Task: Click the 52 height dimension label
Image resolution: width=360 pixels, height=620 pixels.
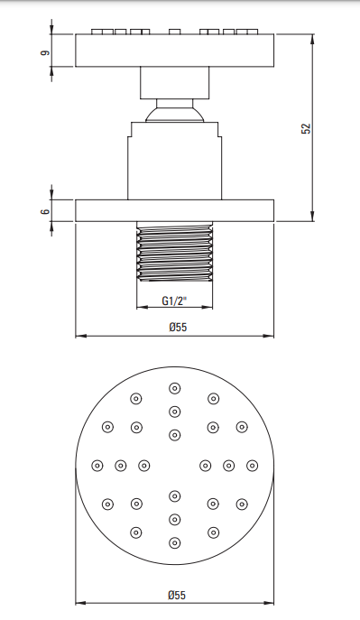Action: [x=306, y=128]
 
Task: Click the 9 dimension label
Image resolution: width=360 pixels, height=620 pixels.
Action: [x=46, y=52]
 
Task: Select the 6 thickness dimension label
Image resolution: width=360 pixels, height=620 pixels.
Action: [x=46, y=211]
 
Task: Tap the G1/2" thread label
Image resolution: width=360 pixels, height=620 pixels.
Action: [x=174, y=301]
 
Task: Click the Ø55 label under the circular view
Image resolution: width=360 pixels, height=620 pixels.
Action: [x=177, y=595]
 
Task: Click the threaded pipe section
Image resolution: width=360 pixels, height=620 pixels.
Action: [x=174, y=252]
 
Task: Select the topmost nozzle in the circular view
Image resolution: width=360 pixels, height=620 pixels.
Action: [x=175, y=388]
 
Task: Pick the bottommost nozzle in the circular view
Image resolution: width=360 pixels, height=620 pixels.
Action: [x=175, y=543]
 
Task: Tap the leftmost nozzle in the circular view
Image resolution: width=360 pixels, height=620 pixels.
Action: [x=97, y=466]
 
